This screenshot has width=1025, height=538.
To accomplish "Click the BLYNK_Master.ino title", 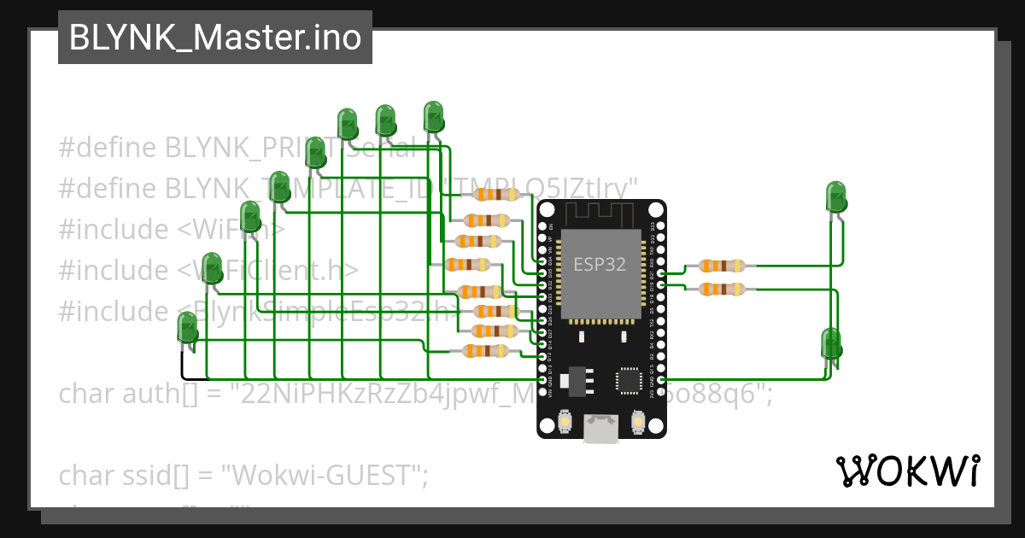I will [214, 38].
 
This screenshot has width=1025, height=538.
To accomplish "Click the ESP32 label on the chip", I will [599, 265].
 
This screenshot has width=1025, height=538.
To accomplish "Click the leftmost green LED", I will [187, 329].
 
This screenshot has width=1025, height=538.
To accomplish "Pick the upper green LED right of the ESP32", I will [836, 196].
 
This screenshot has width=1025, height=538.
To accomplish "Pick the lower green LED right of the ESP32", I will [830, 343].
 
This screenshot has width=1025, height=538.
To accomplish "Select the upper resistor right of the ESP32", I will [721, 266].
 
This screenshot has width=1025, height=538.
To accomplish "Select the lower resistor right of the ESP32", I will [721, 289].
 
